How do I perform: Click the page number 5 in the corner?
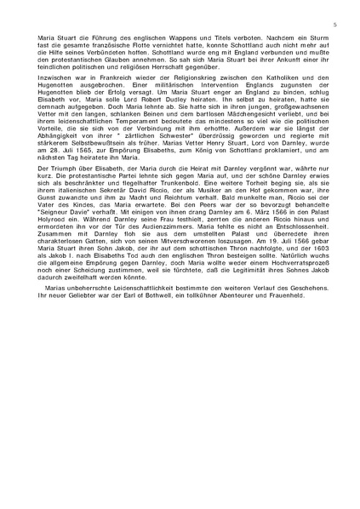click(x=334, y=26)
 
